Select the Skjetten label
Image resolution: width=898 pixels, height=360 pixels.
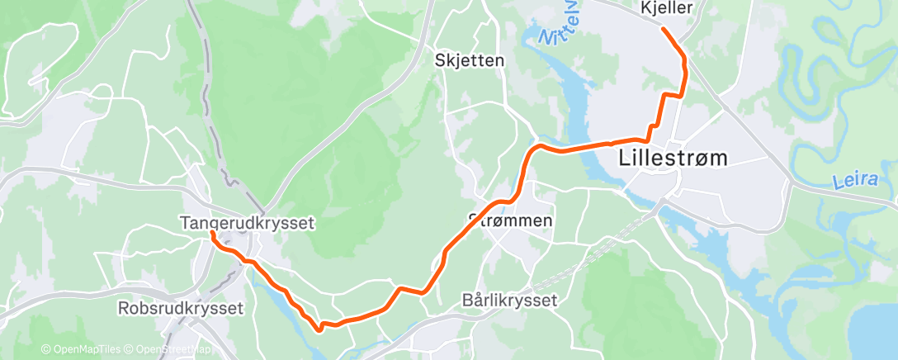[470, 60]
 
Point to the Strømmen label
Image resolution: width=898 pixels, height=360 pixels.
[510, 220]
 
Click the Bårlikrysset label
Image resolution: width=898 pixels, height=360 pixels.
[510, 301]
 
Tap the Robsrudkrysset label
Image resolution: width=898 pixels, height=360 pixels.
[182, 309]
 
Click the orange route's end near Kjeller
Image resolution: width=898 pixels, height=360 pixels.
[664, 28]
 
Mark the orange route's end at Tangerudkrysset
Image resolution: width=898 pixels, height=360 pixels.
[212, 234]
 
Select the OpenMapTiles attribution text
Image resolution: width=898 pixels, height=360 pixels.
[82, 350]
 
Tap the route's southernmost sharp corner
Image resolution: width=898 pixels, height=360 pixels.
[319, 329]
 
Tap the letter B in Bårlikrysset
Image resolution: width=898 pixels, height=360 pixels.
[469, 301]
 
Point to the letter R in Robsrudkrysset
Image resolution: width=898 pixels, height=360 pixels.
[124, 309]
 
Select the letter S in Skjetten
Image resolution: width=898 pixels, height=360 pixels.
[442, 60]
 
